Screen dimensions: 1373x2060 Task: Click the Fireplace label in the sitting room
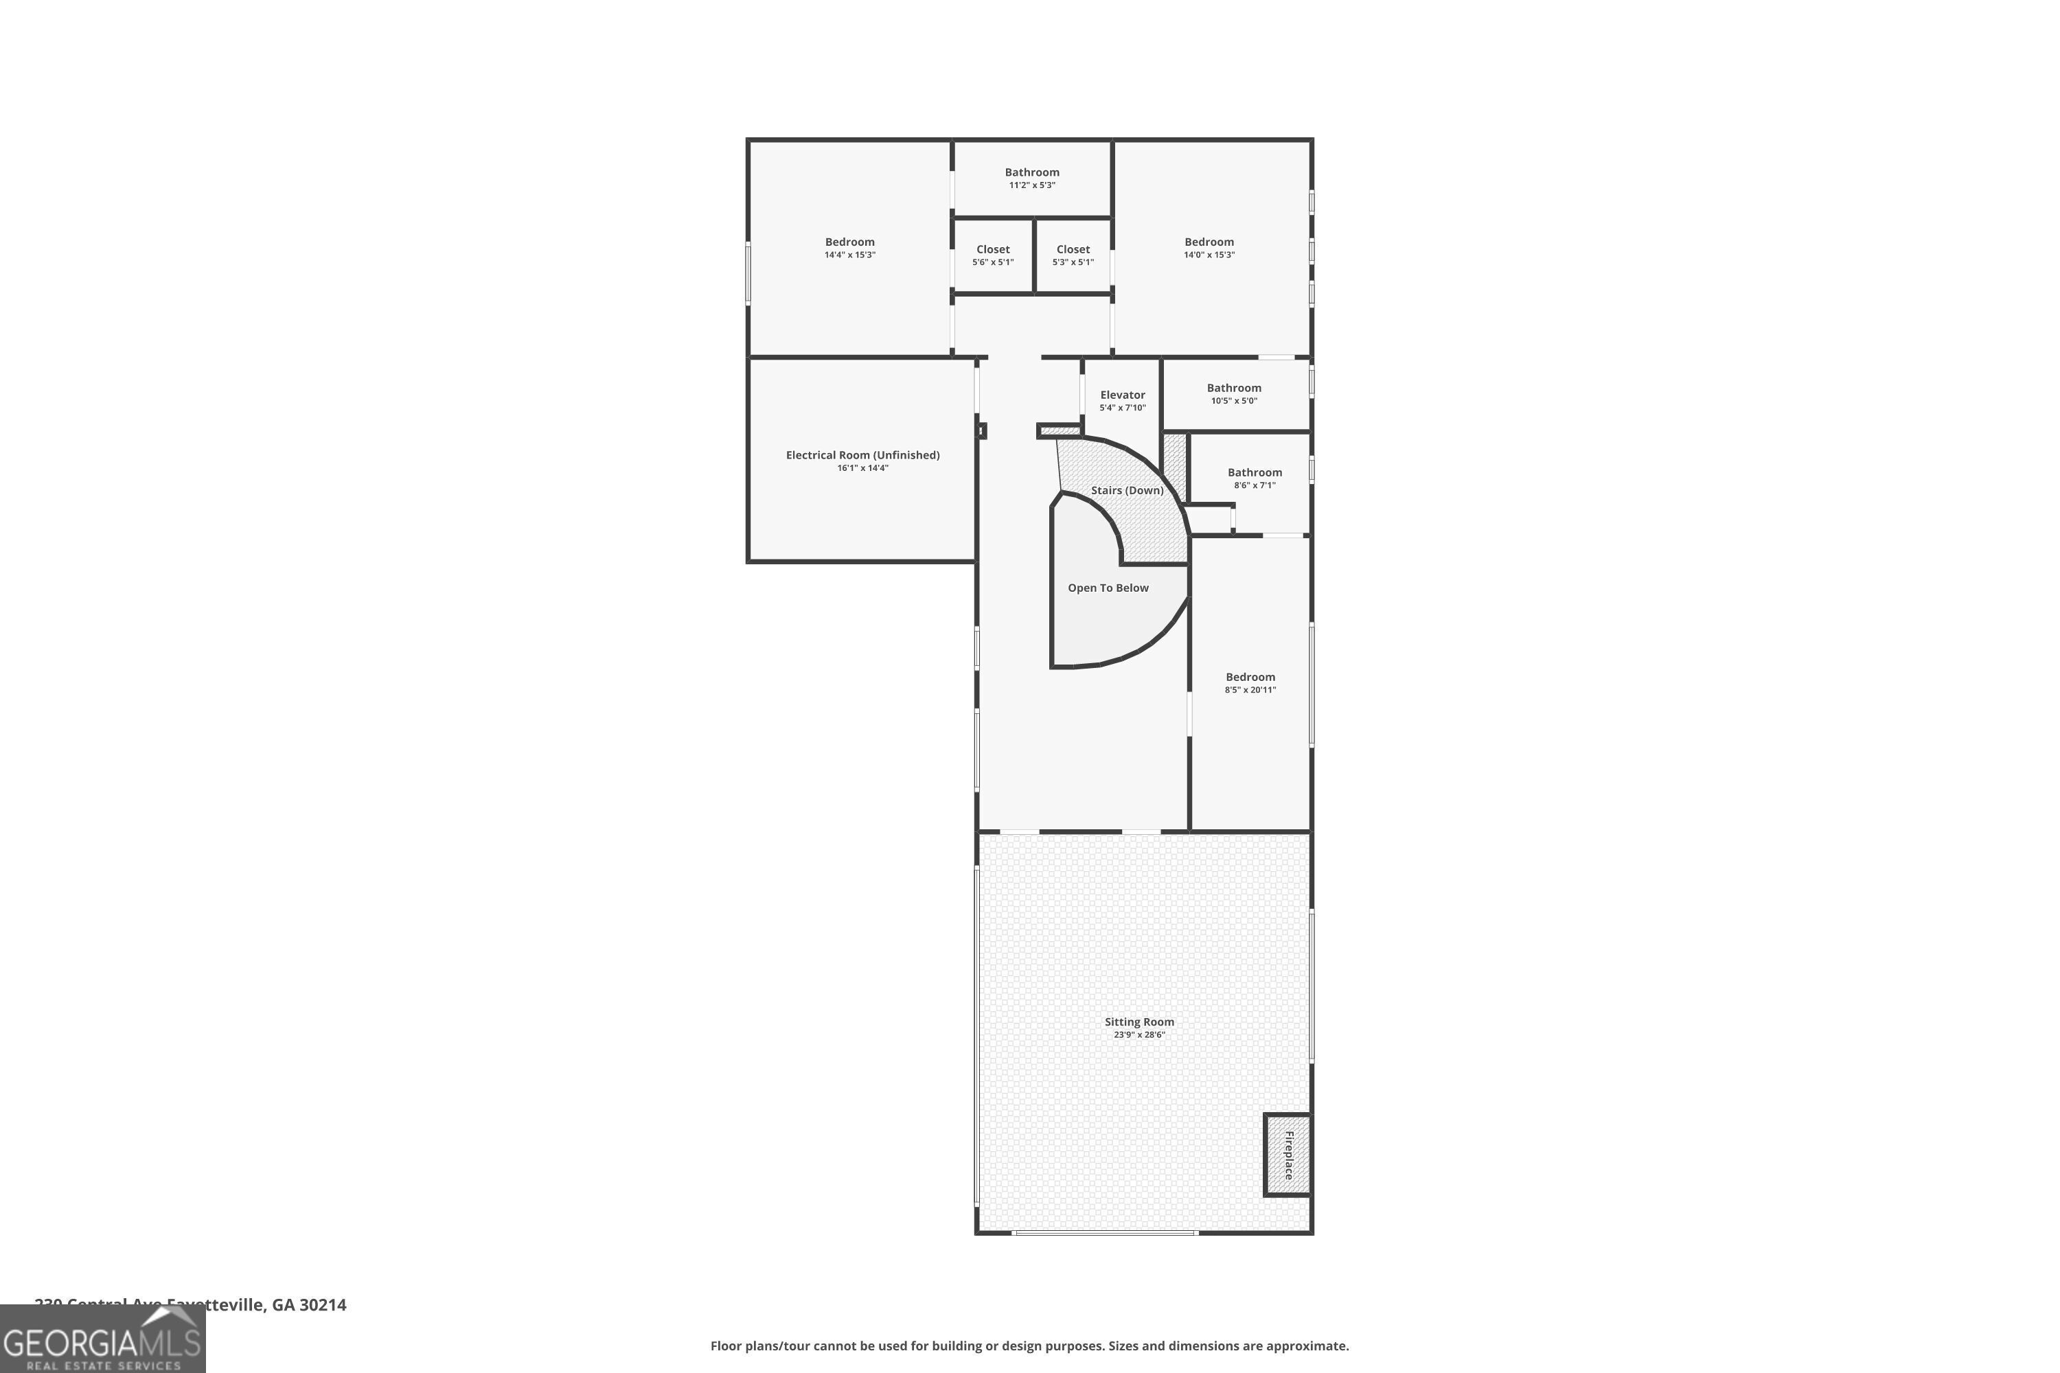(x=1288, y=1155)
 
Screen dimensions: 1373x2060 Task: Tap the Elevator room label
(x=1122, y=395)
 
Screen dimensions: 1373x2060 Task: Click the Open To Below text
(x=1108, y=588)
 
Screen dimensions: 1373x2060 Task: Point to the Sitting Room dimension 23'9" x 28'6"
(x=1138, y=1035)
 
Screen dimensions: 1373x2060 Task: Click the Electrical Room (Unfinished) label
(x=862, y=455)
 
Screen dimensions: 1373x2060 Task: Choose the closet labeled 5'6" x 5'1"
(x=992, y=255)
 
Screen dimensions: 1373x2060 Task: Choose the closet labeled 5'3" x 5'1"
(x=1073, y=255)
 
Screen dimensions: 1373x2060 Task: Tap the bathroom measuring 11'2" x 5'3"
(x=1032, y=178)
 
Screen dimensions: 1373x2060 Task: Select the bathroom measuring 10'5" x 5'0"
(x=1233, y=394)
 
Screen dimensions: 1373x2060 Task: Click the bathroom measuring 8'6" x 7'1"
(x=1255, y=478)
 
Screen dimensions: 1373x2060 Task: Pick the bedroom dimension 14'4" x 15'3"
(x=849, y=255)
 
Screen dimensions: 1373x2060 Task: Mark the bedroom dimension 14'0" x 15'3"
(x=1209, y=255)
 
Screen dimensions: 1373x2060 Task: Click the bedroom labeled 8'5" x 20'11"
(x=1250, y=683)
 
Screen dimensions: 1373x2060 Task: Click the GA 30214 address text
(x=309, y=1305)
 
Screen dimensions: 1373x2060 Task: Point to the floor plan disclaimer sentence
(x=1029, y=1346)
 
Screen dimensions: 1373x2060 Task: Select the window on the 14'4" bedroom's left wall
(x=748, y=273)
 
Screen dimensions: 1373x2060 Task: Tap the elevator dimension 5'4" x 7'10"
(x=1122, y=408)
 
